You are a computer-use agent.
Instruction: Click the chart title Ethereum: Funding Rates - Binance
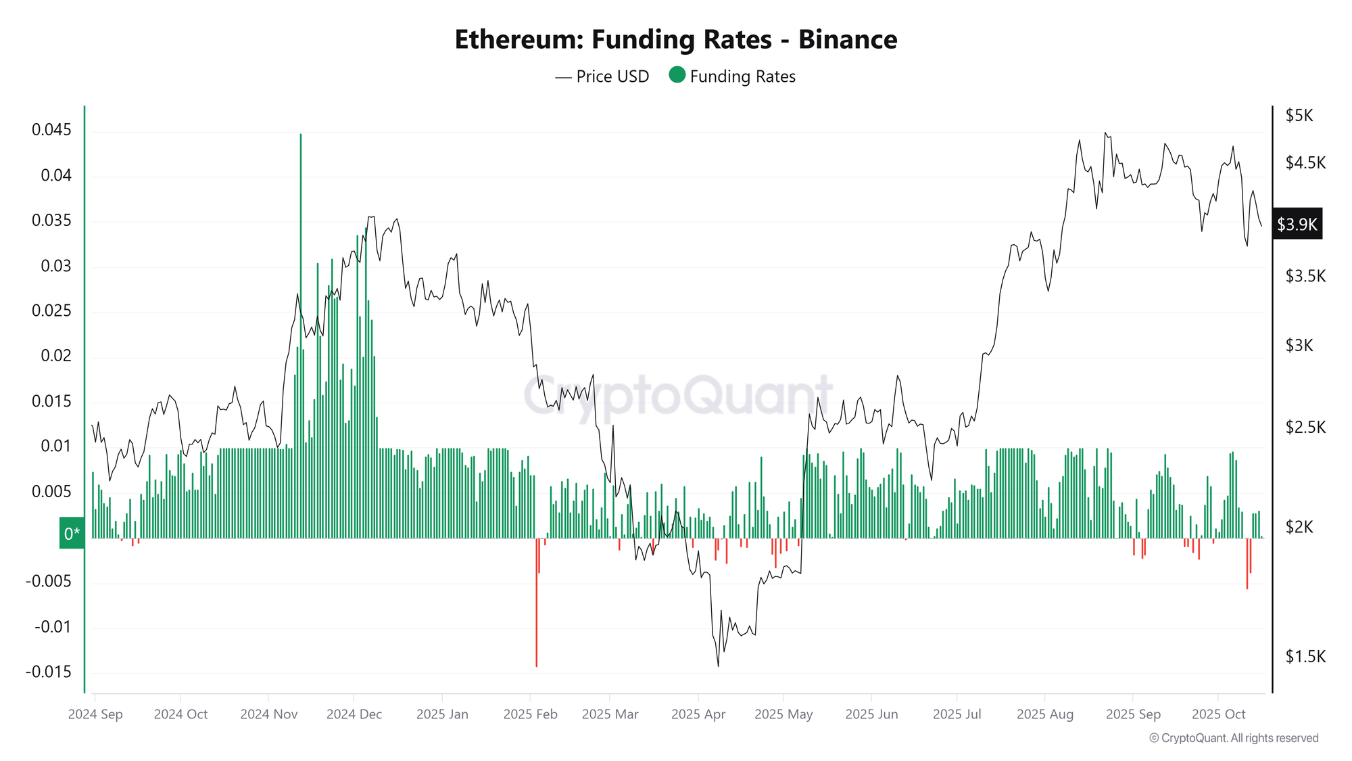(x=675, y=39)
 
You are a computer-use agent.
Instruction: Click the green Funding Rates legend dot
(x=677, y=75)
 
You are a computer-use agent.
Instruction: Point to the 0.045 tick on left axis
(x=51, y=130)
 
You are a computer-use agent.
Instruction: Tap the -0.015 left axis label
(x=49, y=672)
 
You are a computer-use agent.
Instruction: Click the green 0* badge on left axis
(x=72, y=533)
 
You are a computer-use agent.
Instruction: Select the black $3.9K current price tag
(x=1297, y=224)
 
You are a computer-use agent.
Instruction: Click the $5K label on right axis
(x=1299, y=116)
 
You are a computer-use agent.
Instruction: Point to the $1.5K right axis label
(x=1305, y=656)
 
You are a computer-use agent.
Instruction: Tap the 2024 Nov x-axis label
(x=268, y=714)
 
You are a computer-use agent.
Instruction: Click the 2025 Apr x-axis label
(x=698, y=714)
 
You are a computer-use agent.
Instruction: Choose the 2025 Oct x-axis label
(x=1218, y=714)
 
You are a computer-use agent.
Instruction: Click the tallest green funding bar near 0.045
(x=301, y=271)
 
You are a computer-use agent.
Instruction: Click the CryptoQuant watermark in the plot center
(x=678, y=395)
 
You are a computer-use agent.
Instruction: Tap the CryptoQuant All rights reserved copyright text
(x=1234, y=738)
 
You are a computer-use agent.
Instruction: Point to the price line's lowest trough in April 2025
(x=718, y=665)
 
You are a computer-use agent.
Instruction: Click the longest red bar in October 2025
(x=1247, y=565)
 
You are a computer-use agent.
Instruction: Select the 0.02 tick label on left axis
(x=55, y=356)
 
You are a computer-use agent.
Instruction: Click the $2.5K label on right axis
(x=1305, y=427)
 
